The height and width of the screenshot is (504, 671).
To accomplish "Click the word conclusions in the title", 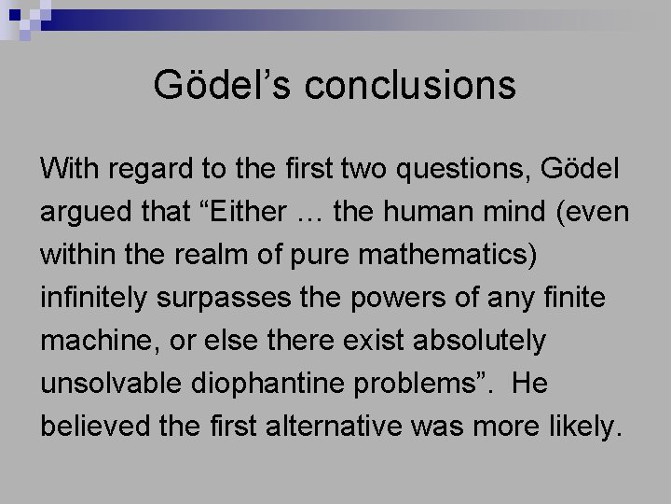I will click(x=410, y=85).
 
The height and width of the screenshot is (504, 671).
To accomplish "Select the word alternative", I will click(x=354, y=427).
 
